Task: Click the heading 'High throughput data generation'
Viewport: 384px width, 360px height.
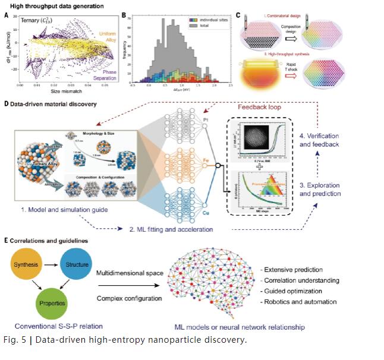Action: (53, 5)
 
